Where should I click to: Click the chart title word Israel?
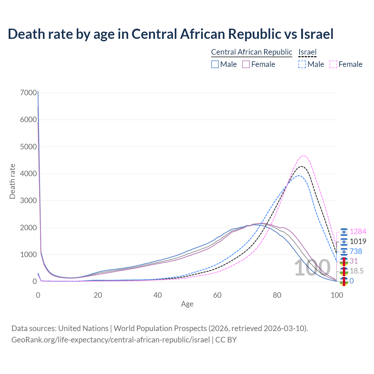point(317,34)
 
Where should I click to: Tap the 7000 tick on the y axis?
point(29,93)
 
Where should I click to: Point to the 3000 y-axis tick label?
point(29,201)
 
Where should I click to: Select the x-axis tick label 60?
point(217,295)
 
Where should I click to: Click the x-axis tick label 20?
point(98,295)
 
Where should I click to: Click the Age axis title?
point(187,304)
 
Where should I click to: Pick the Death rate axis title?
point(12,181)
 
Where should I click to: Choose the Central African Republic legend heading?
point(252,52)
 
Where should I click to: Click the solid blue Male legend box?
point(215,64)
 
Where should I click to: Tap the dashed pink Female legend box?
point(333,64)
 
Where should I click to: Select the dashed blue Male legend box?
point(302,64)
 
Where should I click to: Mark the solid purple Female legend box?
point(246,64)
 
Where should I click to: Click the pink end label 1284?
point(358,232)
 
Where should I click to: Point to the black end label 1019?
point(358,242)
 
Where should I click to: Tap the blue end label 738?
point(356,252)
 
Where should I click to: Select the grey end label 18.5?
point(357,271)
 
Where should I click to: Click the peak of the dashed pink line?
point(304,156)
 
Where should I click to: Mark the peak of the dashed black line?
point(301,166)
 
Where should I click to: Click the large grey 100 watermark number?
point(312,268)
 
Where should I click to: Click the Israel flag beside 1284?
point(344,232)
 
